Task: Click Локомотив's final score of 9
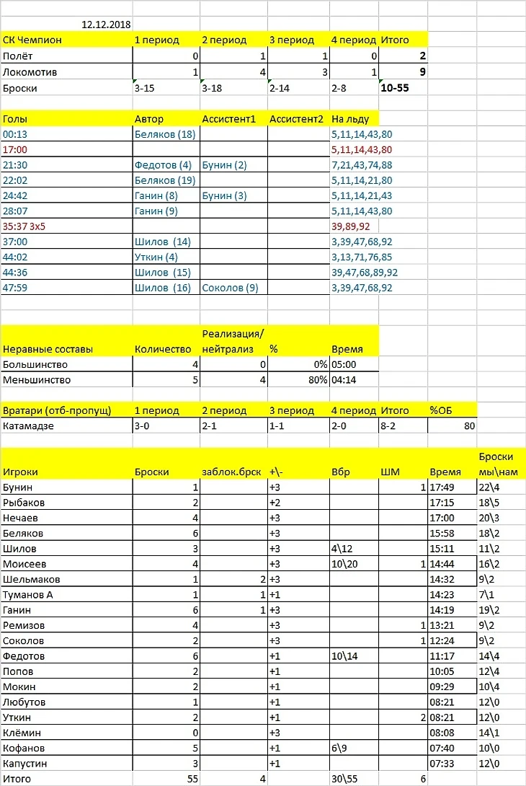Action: [422, 71]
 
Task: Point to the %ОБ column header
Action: [441, 410]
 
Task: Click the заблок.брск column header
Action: [232, 472]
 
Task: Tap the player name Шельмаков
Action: [32, 579]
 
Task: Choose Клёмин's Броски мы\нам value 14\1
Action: [490, 733]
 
